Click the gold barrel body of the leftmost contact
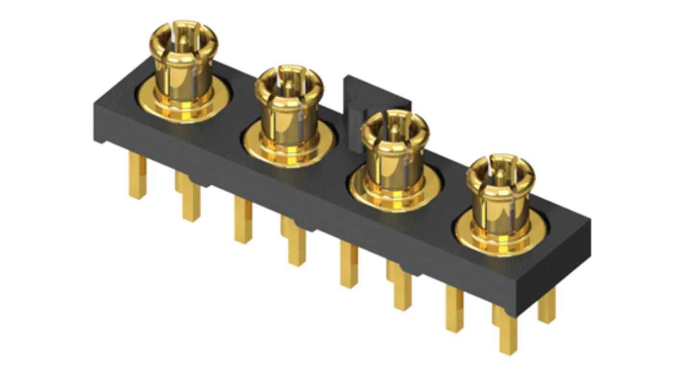click(x=183, y=77)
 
